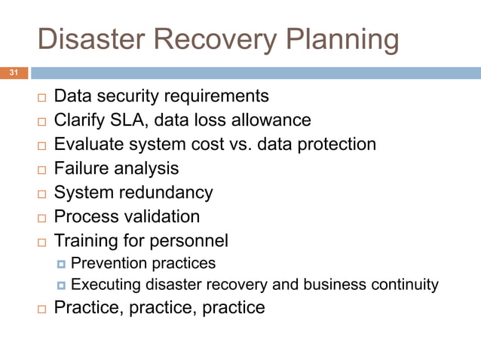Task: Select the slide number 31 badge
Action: [x=13, y=73]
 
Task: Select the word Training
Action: [x=87, y=241]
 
